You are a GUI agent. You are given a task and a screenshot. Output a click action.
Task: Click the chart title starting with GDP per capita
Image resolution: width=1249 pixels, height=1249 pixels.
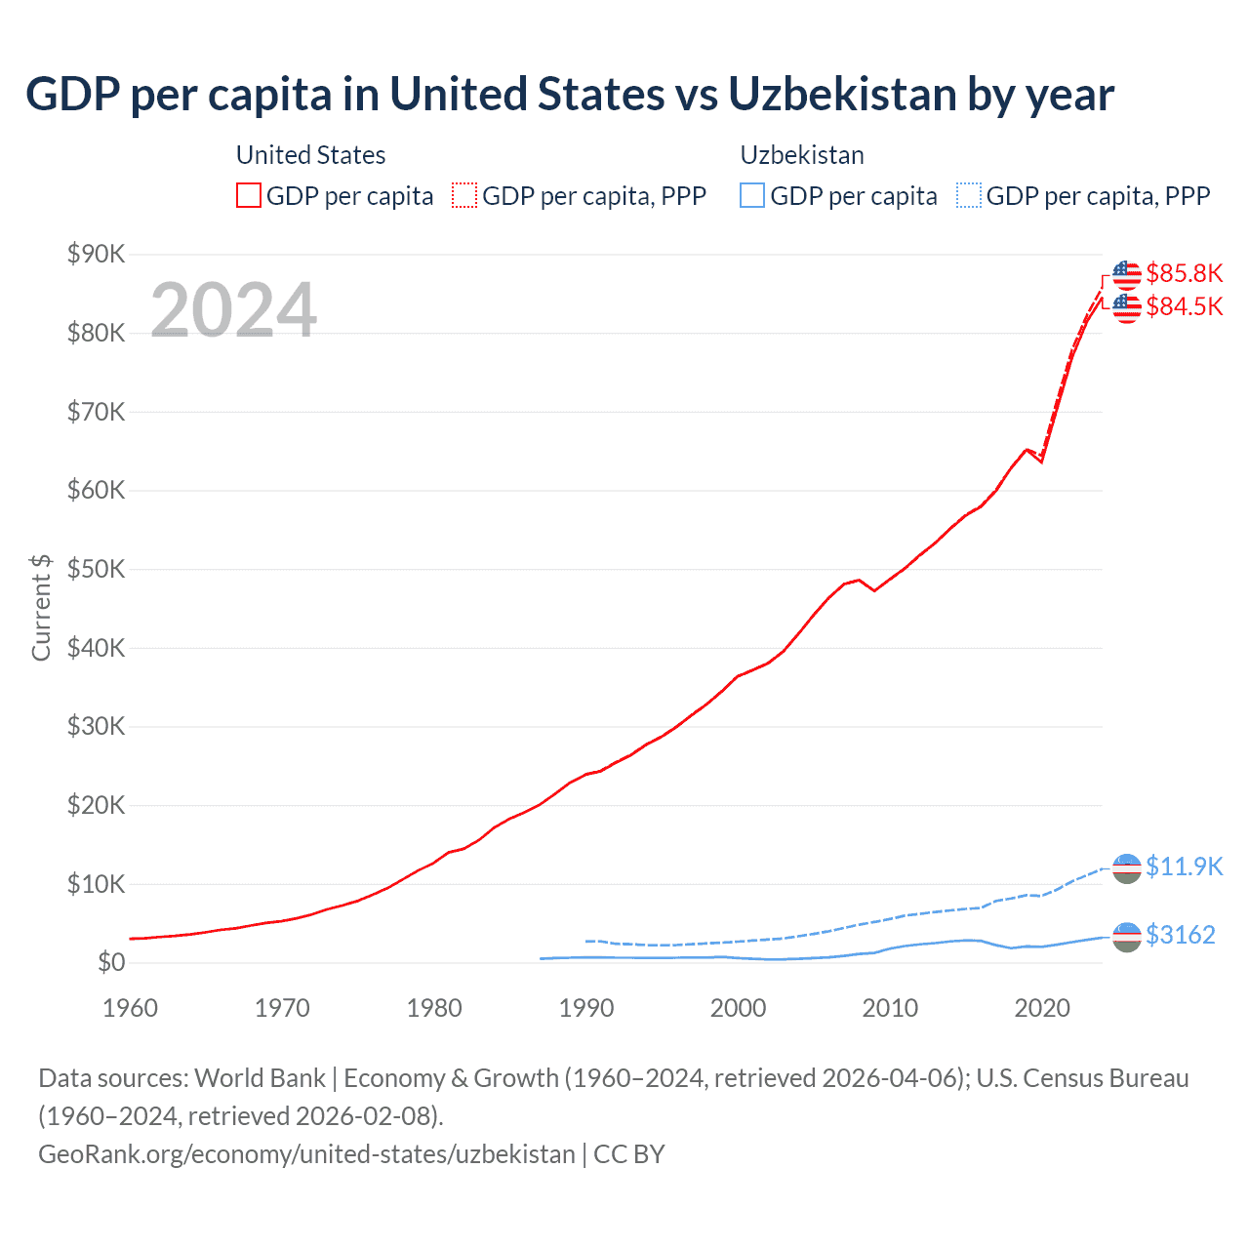click(570, 95)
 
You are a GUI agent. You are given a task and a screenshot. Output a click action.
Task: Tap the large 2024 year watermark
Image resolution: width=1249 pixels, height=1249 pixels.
click(233, 310)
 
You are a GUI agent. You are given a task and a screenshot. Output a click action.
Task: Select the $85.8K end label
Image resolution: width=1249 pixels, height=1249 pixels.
click(1184, 273)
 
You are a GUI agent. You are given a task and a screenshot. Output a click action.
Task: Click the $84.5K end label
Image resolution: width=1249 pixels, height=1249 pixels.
click(1184, 306)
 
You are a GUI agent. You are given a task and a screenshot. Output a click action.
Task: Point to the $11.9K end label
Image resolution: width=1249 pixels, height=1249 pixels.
click(1184, 866)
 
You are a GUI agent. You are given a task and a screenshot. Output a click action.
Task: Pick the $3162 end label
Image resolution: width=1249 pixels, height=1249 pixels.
click(1180, 935)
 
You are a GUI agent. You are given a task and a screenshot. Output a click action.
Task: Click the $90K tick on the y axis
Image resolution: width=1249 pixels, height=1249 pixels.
click(96, 255)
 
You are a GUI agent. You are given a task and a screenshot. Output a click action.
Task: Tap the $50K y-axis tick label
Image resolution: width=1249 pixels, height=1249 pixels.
click(96, 570)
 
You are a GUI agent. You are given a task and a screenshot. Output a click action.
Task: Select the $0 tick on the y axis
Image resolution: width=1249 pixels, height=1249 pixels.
click(110, 963)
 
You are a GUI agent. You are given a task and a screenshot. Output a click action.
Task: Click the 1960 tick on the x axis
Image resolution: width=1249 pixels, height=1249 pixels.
click(130, 1008)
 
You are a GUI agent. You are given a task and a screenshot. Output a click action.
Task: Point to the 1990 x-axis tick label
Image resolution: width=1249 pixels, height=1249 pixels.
click(585, 1008)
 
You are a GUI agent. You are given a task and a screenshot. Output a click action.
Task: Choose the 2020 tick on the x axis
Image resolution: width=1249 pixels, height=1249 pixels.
click(1042, 1008)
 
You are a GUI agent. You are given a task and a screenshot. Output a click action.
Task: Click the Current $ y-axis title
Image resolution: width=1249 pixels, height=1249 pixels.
click(41, 607)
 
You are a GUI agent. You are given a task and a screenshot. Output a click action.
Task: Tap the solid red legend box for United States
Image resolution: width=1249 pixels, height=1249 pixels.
click(249, 195)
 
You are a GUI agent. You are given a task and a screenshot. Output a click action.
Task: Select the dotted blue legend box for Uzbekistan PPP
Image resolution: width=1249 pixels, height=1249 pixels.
click(969, 195)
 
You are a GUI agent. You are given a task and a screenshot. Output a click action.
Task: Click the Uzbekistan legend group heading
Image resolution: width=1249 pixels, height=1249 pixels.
click(801, 155)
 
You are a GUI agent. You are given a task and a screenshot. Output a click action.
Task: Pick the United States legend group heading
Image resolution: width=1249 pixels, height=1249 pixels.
click(310, 155)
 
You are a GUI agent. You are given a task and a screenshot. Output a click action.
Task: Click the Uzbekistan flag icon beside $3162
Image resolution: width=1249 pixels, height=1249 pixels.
click(1127, 936)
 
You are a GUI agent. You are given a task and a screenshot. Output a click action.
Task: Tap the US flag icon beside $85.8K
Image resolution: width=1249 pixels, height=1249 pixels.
click(1127, 275)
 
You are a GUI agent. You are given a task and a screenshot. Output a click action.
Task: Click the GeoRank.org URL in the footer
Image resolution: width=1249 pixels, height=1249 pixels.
click(306, 1154)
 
